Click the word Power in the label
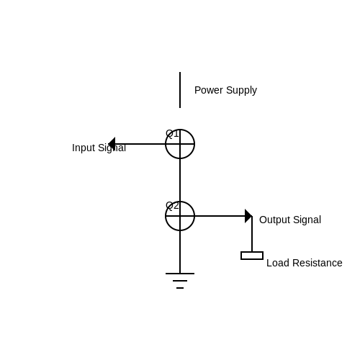[209, 90]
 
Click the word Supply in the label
[241, 91]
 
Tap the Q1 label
[172, 134]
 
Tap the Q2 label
[172, 206]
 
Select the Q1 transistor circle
[194, 144]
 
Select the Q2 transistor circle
[194, 216]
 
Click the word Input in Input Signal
[84, 148]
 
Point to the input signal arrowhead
[112, 144]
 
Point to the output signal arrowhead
[248, 216]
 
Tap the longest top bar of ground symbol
[180, 274]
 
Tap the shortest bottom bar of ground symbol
[180, 288]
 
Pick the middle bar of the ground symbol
[180, 281]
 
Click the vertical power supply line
[180, 90]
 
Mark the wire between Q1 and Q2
[180, 180]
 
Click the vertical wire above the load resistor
[252, 234]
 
